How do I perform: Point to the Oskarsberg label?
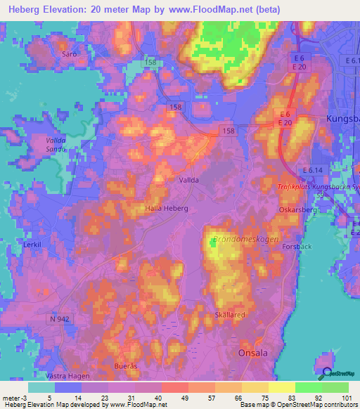coord(299,209)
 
